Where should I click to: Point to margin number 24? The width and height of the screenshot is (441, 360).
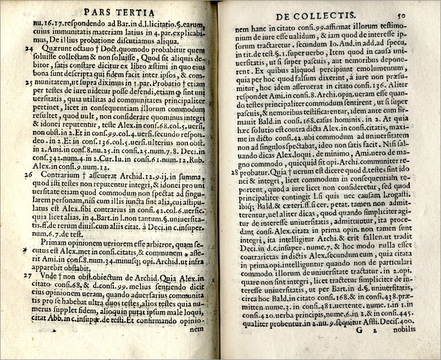coord(27,49)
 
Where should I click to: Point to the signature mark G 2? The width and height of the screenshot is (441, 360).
coord(381,344)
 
